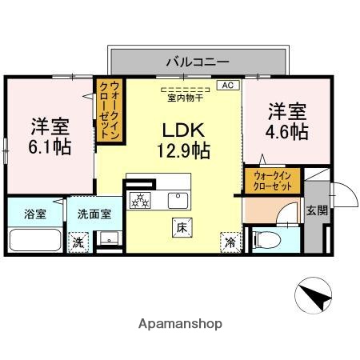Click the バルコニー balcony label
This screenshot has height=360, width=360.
click(x=198, y=61)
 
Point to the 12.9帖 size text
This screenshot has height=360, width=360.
click(x=183, y=149)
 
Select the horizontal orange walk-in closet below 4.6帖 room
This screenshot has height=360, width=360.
click(x=274, y=179)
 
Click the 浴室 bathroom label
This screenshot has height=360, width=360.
click(x=34, y=214)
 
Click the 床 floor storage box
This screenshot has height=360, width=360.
click(x=180, y=227)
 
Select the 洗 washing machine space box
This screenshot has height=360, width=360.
click(x=78, y=241)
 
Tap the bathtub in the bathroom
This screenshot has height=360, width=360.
click(x=34, y=240)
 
